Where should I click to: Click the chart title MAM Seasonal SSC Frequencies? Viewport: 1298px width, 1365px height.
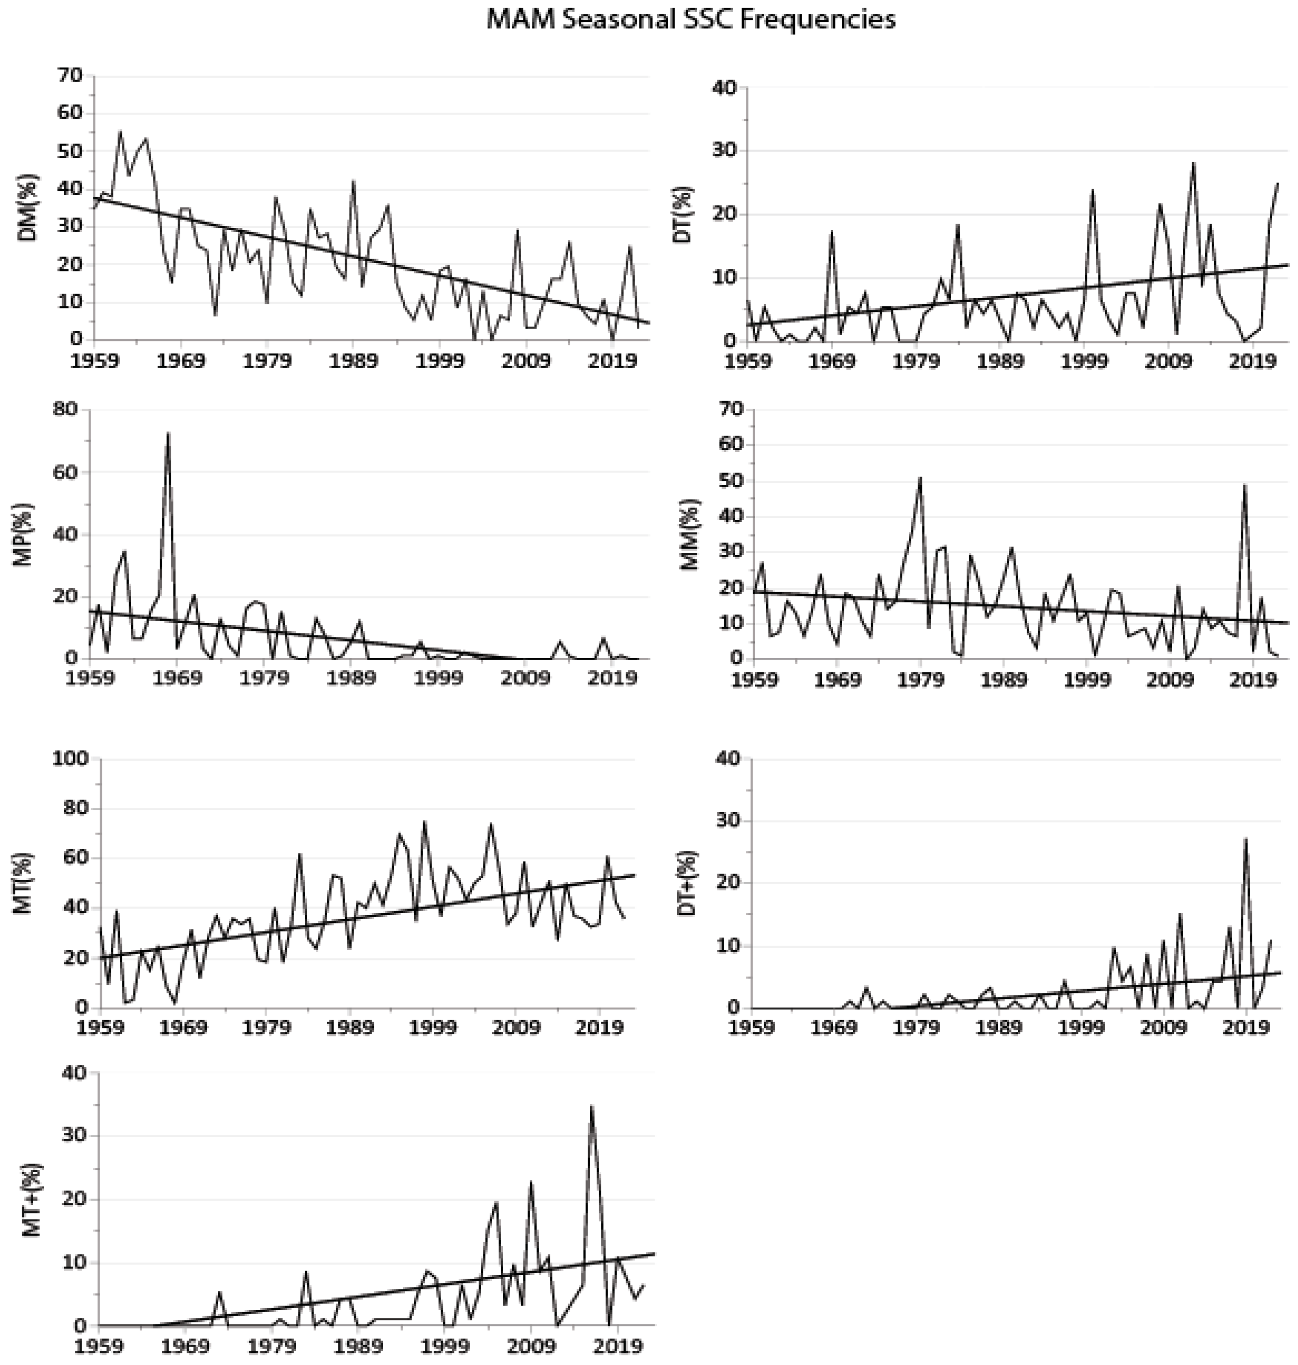(x=690, y=20)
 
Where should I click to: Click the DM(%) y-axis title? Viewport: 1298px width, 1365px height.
(x=28, y=208)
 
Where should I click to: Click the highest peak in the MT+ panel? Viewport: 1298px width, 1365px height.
(x=592, y=1106)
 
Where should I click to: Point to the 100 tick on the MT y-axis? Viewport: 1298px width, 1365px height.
(x=71, y=759)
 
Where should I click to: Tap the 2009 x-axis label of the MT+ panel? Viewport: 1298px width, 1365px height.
(x=531, y=1347)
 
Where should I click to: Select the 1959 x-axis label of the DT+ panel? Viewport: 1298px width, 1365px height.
(x=753, y=1028)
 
